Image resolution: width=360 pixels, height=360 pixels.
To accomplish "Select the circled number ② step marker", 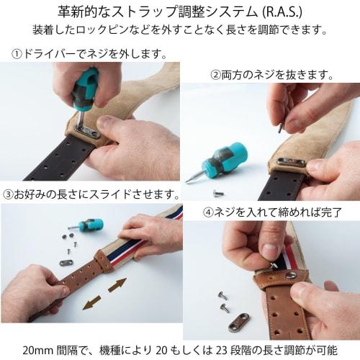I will (x=215, y=74).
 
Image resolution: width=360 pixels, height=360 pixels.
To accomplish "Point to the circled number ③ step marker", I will (x=9, y=194).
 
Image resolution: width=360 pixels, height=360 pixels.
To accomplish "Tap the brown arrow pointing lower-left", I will (x=91, y=305).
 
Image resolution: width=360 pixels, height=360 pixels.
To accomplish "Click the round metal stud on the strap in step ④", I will (x=291, y=274).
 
